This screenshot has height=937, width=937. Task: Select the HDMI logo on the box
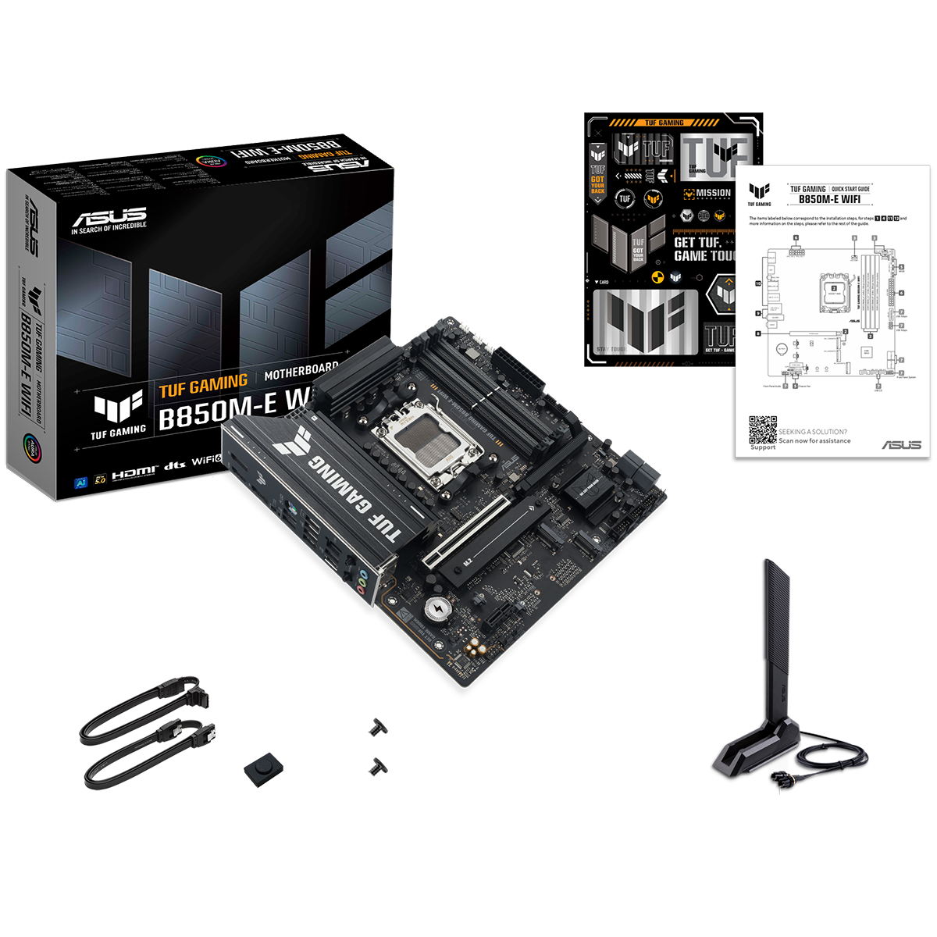134,472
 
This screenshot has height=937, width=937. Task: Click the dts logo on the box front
173,470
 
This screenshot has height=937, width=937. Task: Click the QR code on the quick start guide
763,429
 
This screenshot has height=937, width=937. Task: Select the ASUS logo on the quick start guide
901,445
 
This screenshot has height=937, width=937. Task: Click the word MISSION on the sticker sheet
712,193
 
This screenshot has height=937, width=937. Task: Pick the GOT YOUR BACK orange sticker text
597,184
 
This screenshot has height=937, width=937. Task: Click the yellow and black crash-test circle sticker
657,277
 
